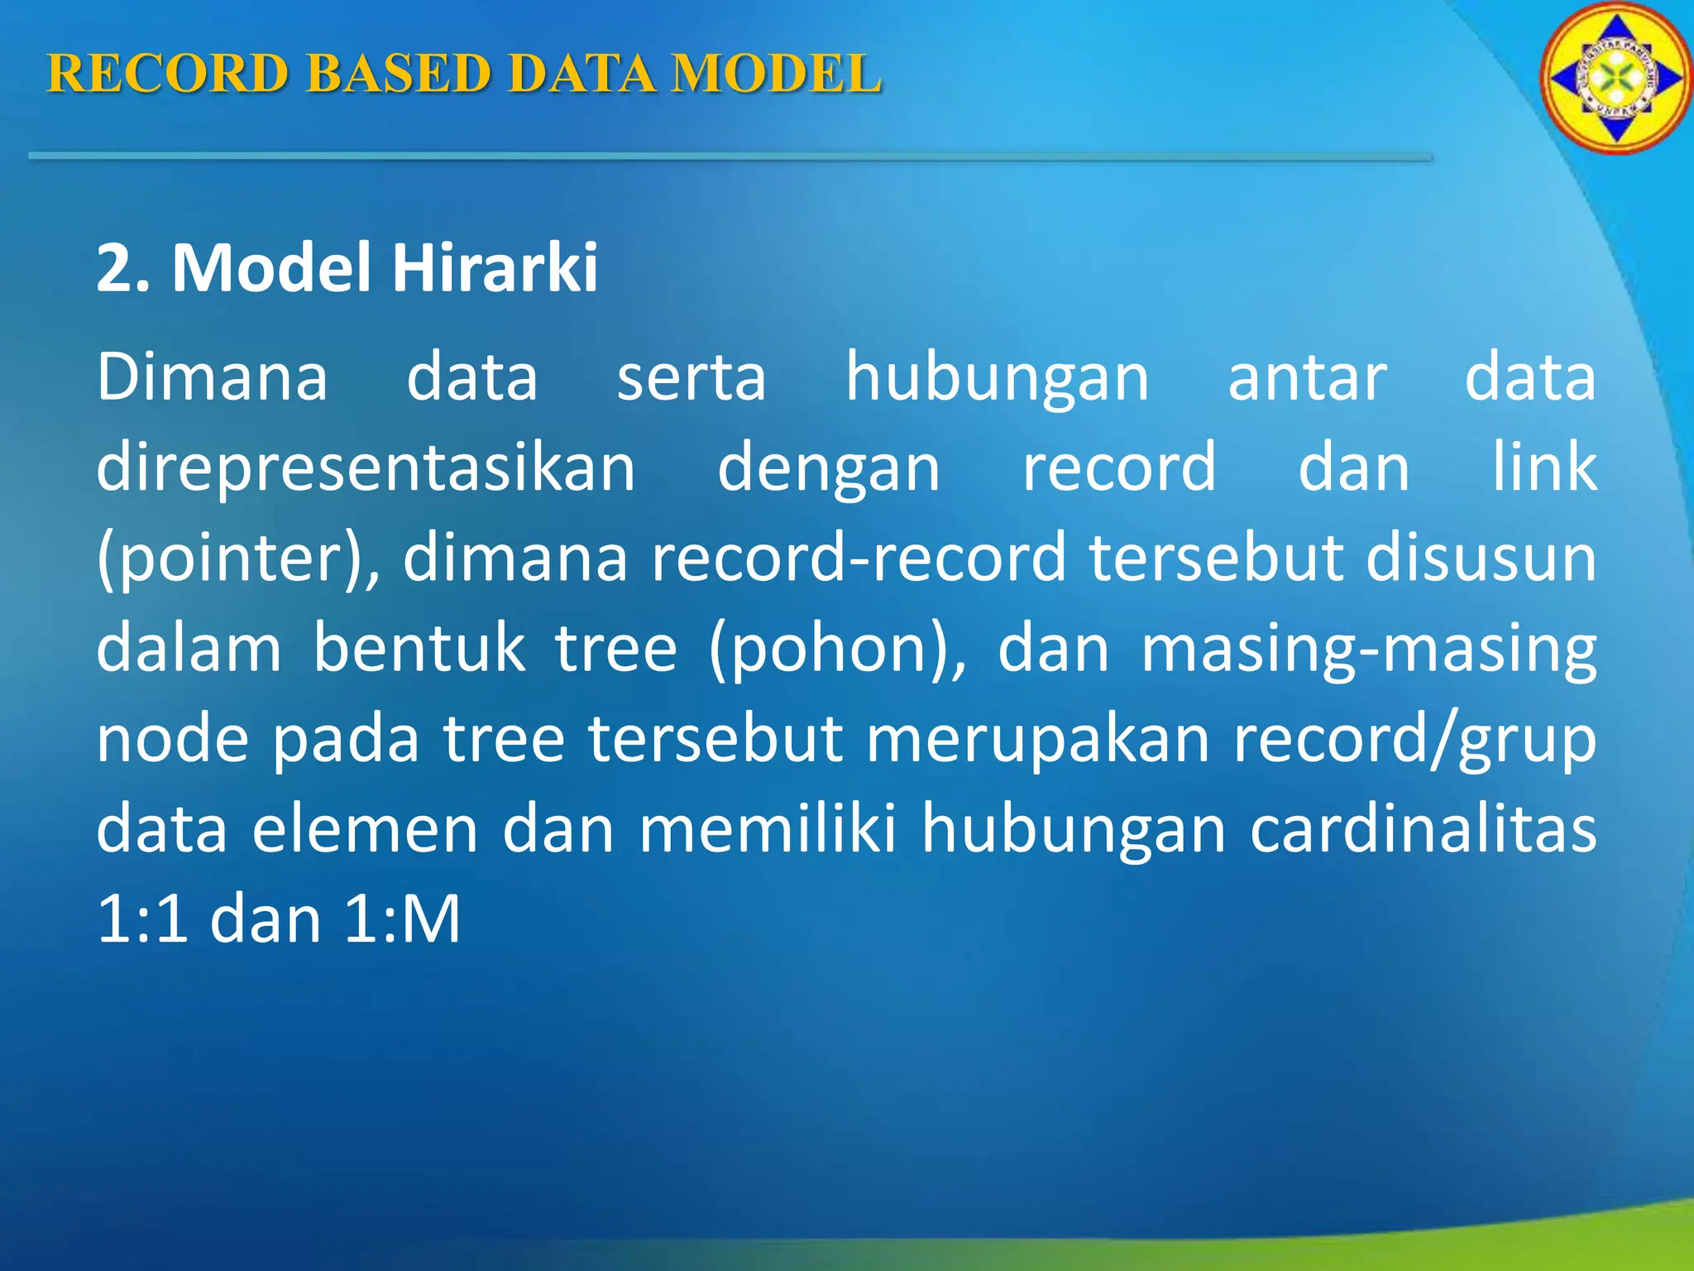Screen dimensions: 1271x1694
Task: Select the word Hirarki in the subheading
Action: point(495,269)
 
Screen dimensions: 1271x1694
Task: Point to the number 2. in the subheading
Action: point(123,269)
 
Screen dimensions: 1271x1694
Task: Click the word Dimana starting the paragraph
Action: point(213,377)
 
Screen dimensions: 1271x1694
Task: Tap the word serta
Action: point(691,377)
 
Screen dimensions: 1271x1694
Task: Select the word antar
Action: point(1307,377)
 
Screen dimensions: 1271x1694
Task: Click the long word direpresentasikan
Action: point(366,468)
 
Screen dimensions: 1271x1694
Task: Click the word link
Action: point(1544,467)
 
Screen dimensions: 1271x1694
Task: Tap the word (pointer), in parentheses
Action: point(238,559)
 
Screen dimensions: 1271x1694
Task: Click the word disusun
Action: point(1481,558)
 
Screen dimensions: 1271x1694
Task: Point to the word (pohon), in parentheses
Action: point(837,650)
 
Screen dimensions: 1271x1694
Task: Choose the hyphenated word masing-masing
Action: point(1369,650)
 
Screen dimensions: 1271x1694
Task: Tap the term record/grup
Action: point(1414,740)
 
